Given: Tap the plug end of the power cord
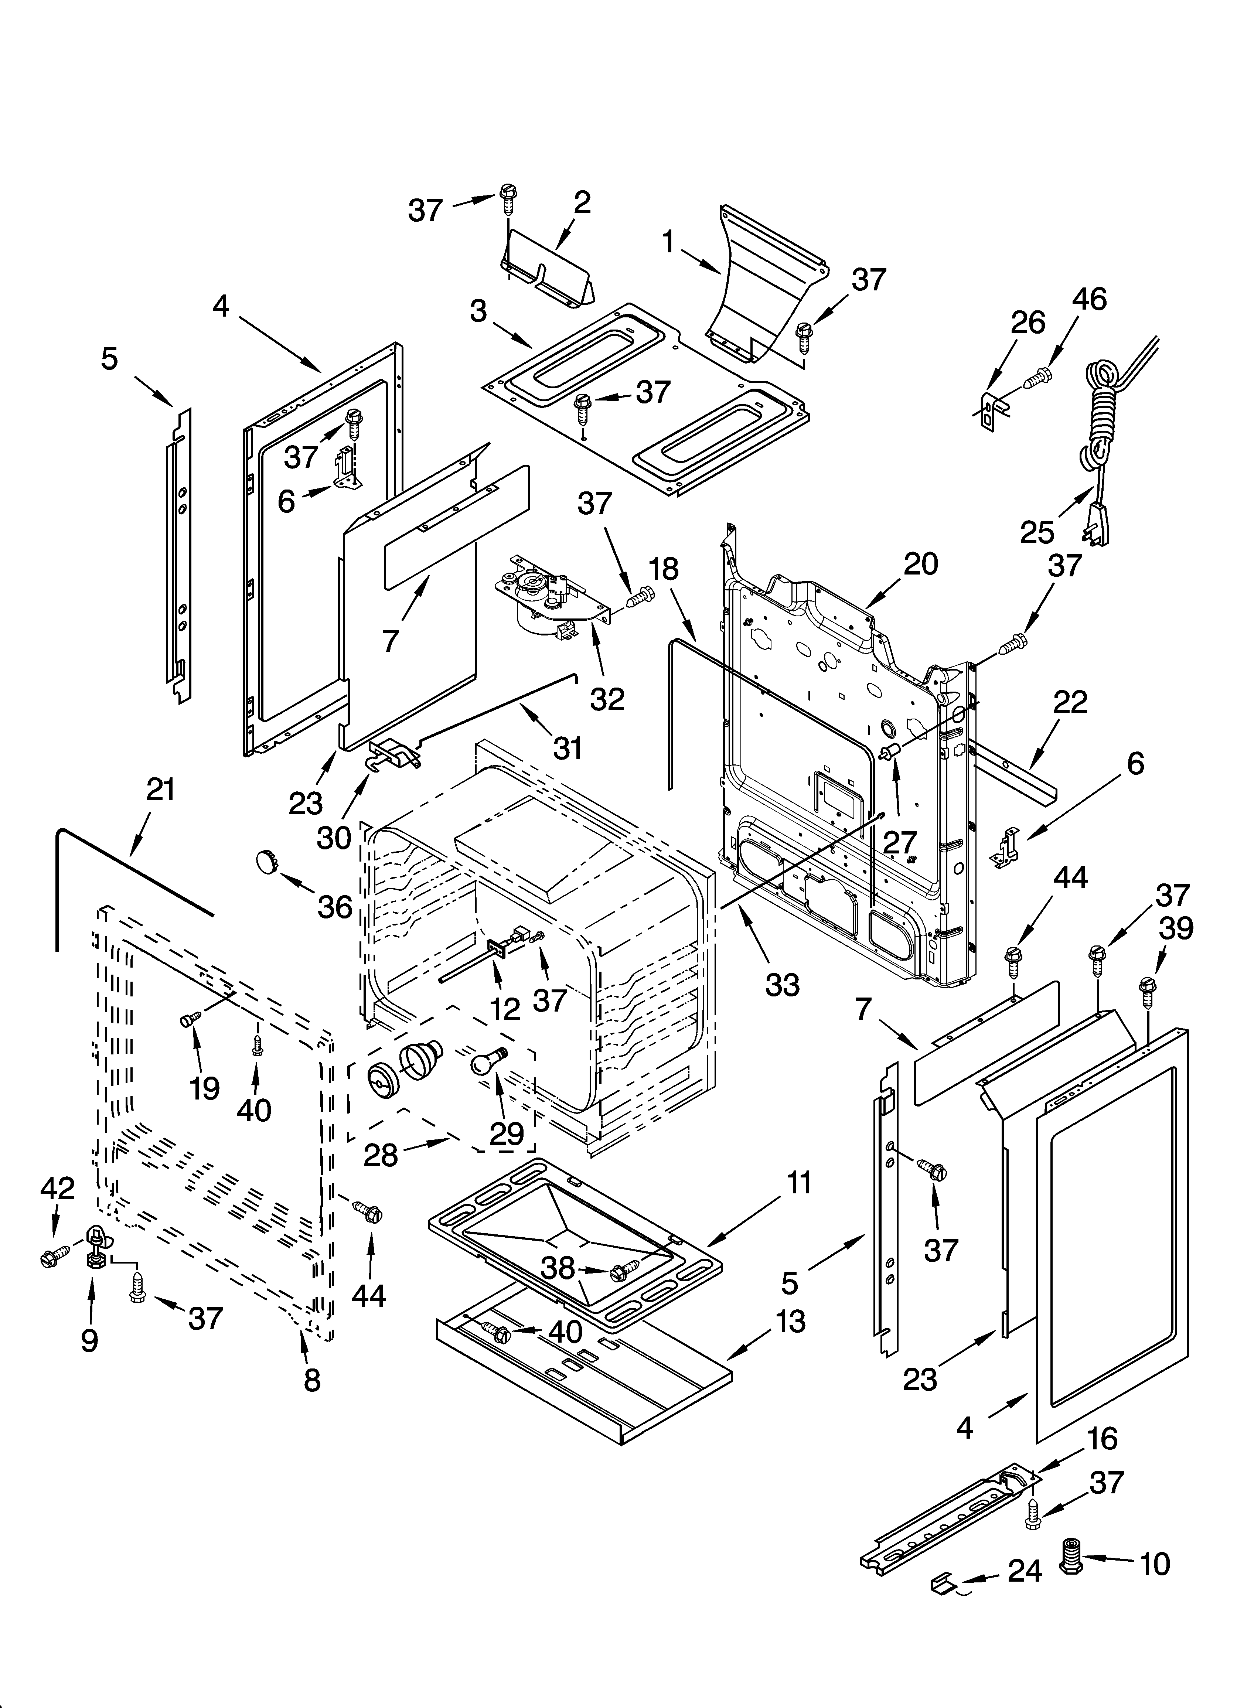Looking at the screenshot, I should tap(1098, 521).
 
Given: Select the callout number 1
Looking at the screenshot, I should tap(668, 242).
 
